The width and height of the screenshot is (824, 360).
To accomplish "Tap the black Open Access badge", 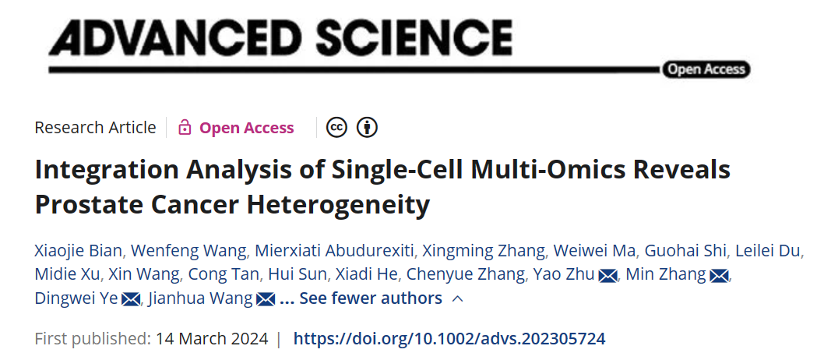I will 706,69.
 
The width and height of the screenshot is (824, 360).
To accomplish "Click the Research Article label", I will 95,128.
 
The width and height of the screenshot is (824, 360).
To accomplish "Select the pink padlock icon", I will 185,128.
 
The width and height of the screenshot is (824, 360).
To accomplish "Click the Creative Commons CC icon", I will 336,128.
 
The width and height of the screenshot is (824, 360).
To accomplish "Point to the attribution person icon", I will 367,128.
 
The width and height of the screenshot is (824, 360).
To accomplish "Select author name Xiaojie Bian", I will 78,250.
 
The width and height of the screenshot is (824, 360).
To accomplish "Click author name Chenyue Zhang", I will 466,274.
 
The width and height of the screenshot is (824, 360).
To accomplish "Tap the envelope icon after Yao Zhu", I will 608,275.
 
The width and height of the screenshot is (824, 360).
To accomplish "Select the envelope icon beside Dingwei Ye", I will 131,299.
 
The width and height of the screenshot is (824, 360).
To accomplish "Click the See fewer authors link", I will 370,298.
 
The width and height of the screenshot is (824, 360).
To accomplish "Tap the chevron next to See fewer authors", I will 457,298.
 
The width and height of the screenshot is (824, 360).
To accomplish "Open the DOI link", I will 449,339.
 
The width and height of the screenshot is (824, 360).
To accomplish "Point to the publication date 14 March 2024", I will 211,339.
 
